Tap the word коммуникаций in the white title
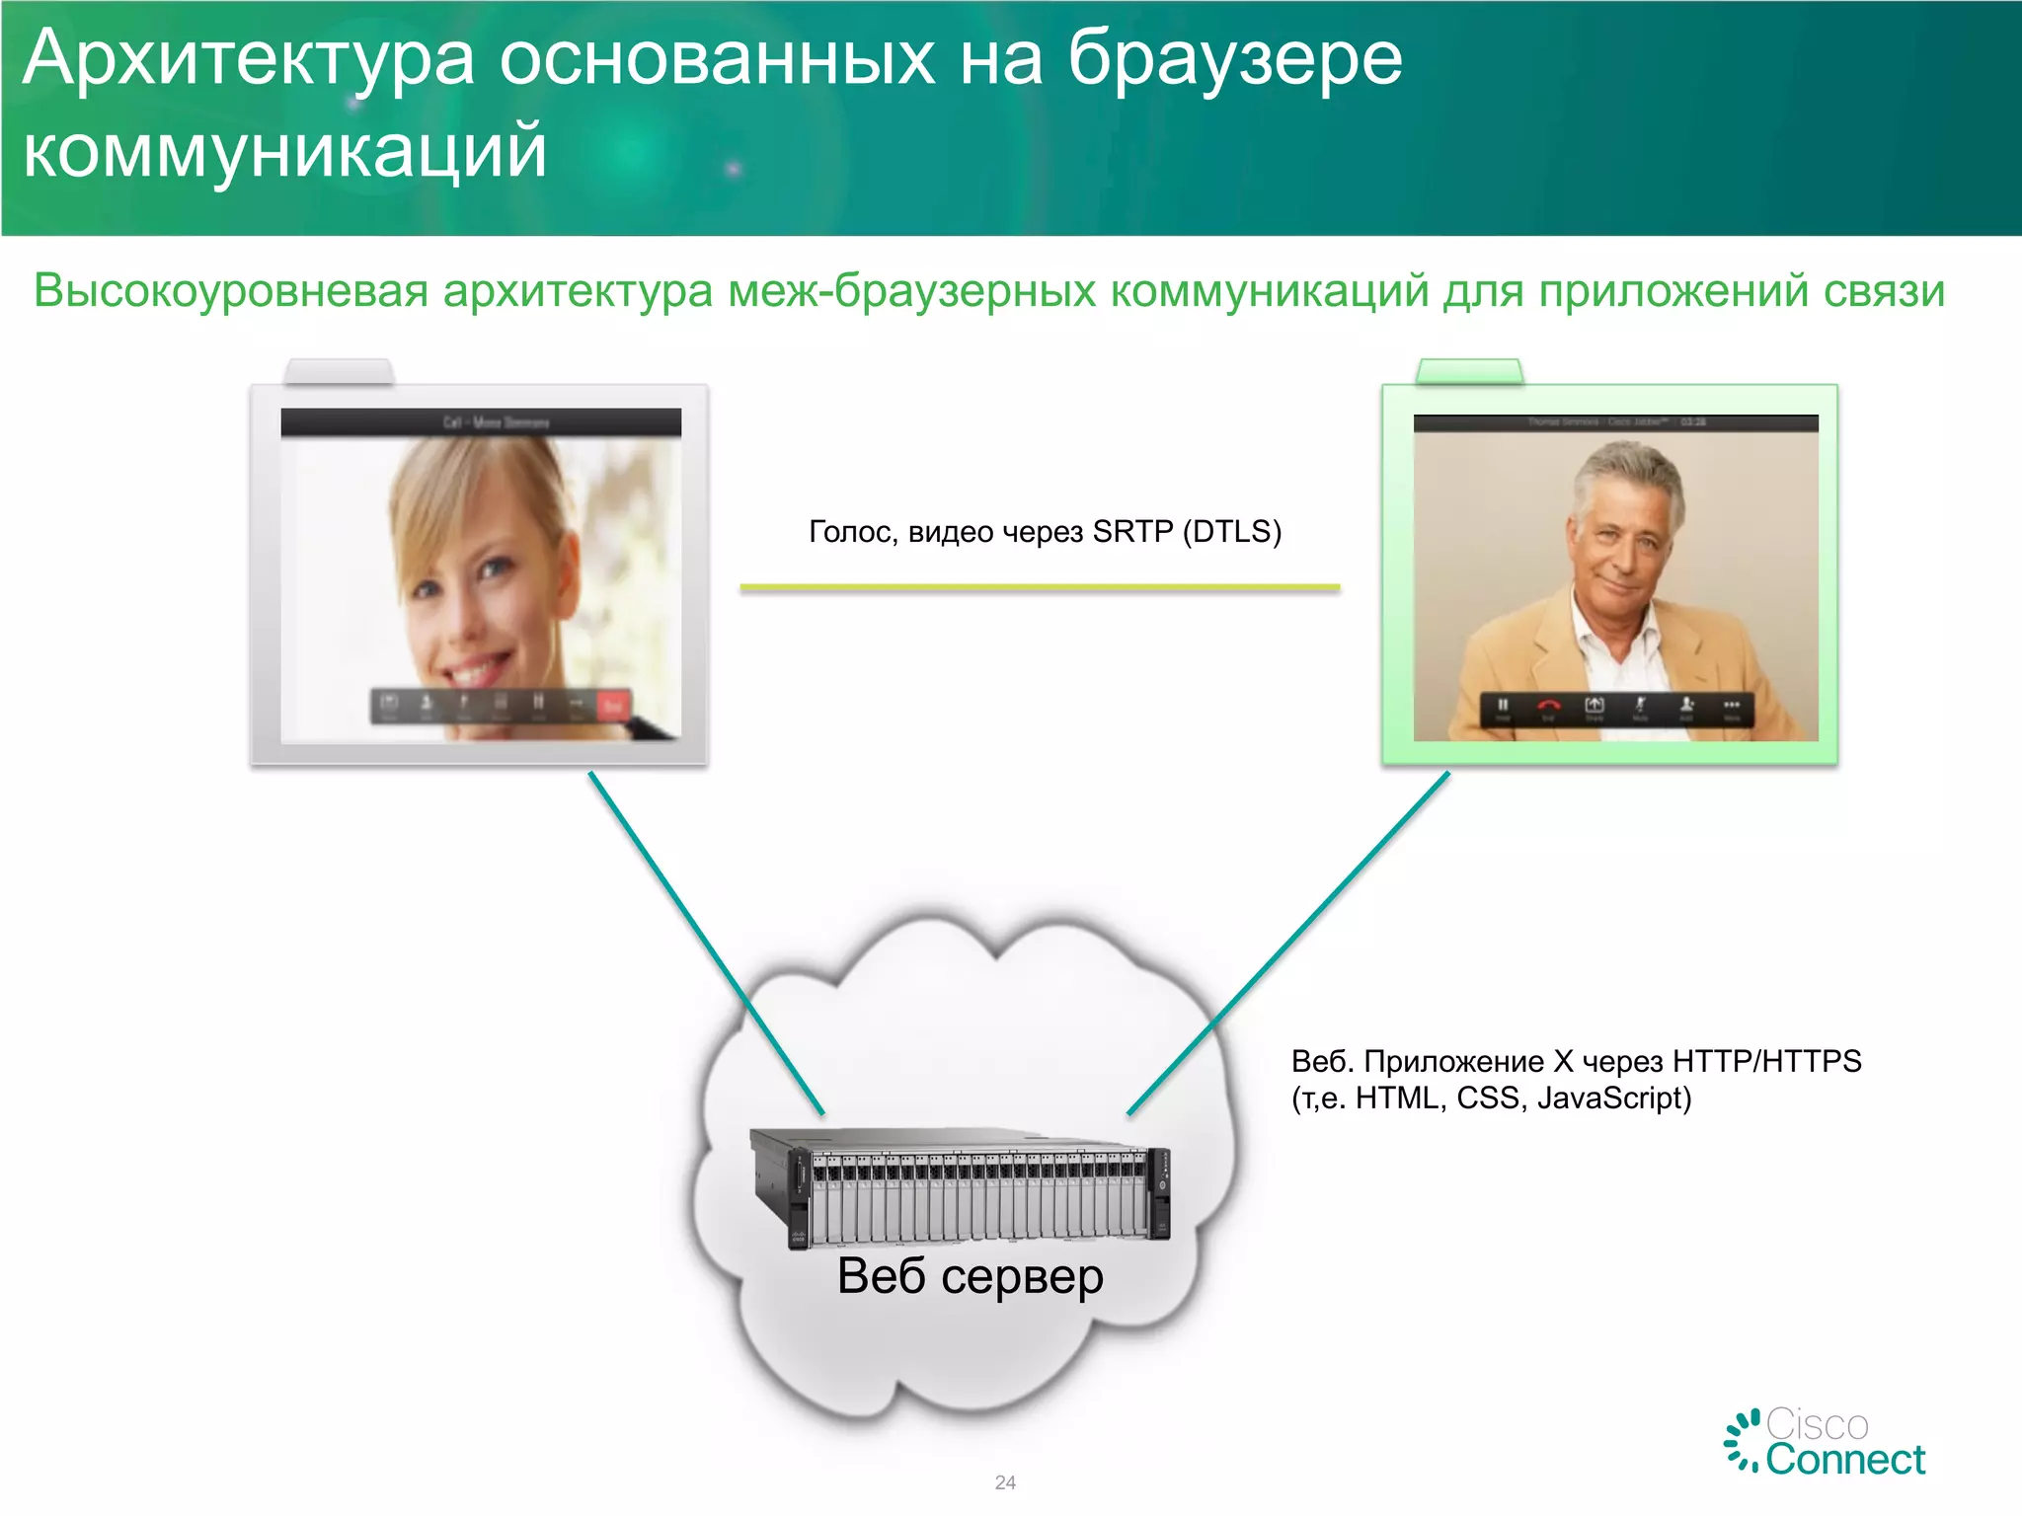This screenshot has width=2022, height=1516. tap(284, 153)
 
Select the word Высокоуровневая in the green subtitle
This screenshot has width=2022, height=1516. tap(231, 292)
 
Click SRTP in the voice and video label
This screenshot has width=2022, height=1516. tap(1132, 532)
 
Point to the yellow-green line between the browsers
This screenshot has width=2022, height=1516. tap(1040, 587)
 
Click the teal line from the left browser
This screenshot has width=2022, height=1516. tap(706, 943)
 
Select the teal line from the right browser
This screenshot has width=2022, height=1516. tap(1288, 943)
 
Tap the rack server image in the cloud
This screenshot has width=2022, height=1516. tap(960, 1189)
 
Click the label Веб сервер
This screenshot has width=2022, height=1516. tap(970, 1276)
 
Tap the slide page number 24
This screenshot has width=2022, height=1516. tap(1005, 1482)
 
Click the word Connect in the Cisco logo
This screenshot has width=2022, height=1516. tap(1845, 1460)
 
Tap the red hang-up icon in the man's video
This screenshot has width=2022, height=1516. tap(1548, 706)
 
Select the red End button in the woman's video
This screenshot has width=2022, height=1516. tap(612, 706)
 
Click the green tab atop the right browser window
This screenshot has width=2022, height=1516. tap(1469, 372)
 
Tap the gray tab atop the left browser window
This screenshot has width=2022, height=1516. tap(339, 372)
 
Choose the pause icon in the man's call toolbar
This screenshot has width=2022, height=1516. tap(1503, 706)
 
